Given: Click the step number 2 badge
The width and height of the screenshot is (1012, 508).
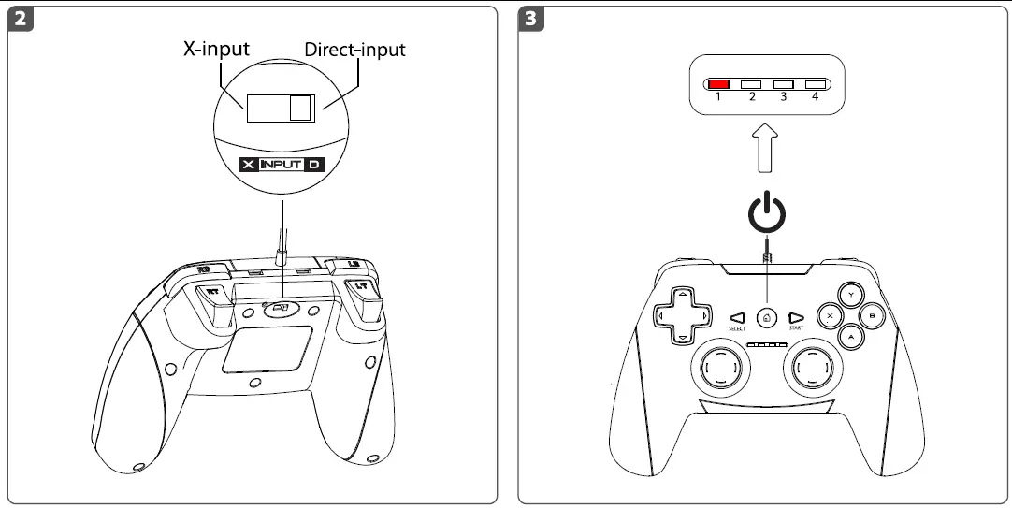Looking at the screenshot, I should pyautogui.click(x=20, y=19).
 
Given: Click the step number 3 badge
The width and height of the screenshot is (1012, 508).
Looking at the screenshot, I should pyautogui.click(x=534, y=19).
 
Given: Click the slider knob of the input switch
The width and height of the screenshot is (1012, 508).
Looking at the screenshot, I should pyautogui.click(x=300, y=109).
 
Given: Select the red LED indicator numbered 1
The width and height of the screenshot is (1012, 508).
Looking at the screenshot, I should pyautogui.click(x=718, y=84).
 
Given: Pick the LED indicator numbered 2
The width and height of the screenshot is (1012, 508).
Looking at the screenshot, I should pyautogui.click(x=751, y=84).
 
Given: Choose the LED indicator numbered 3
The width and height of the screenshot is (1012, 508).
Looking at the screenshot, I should pyautogui.click(x=783, y=84).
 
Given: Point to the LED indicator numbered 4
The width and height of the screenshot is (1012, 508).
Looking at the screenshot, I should pyautogui.click(x=815, y=84).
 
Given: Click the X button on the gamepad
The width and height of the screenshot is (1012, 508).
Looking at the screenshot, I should pyautogui.click(x=829, y=316).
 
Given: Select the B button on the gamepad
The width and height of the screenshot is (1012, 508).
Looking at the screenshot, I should pyautogui.click(x=872, y=316).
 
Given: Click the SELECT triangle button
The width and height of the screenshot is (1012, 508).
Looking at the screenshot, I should pyautogui.click(x=737, y=317).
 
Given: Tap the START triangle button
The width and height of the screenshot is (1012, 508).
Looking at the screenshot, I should pyautogui.click(x=796, y=317).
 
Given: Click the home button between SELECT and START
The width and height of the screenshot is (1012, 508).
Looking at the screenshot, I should pyautogui.click(x=766, y=317).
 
